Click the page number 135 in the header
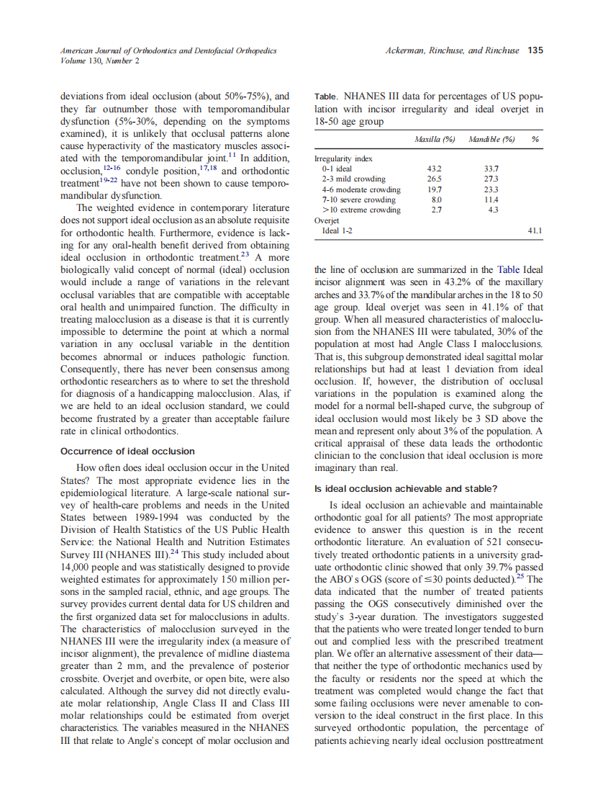tap(535, 50)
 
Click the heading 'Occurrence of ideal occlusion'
tap(127, 452)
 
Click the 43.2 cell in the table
tap(435, 168)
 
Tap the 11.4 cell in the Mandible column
tap(492, 199)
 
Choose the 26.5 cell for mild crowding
tap(435, 179)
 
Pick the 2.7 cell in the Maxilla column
tap(435, 210)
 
